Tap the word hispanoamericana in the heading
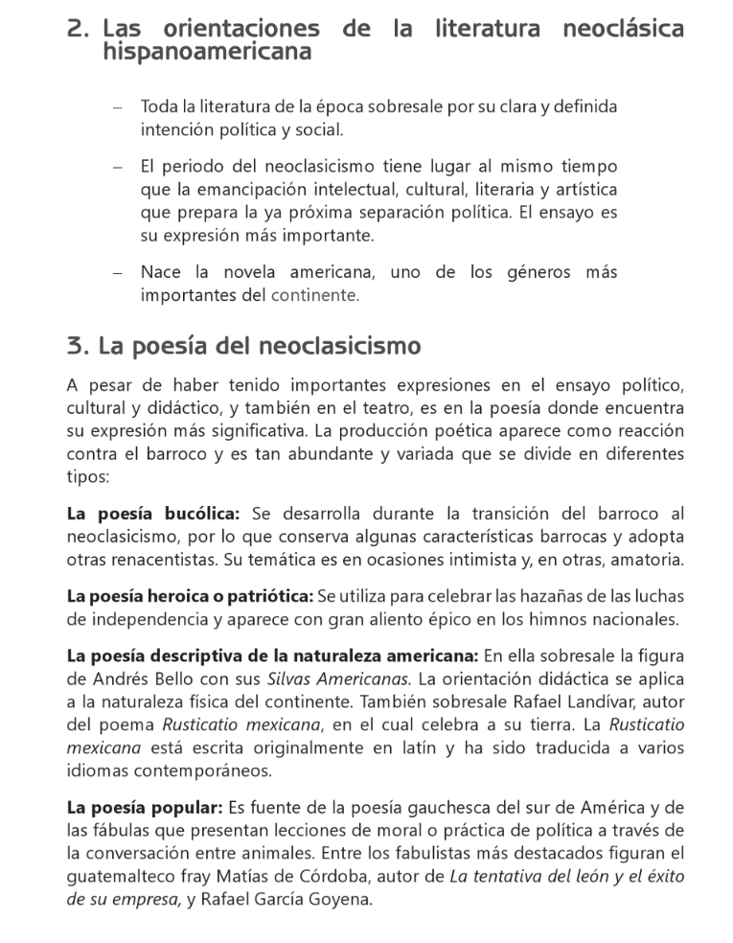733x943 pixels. tap(206, 52)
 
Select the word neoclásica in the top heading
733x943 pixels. tap(620, 29)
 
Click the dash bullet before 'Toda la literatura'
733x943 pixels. tap(116, 106)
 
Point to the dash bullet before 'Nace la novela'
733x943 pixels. tap(116, 274)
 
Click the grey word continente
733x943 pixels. tap(315, 295)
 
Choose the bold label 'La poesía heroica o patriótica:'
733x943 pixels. tap(190, 596)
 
